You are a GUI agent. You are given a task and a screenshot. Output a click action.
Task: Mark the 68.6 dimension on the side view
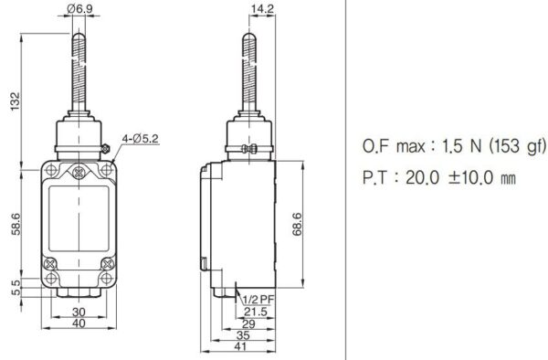pos(311,225)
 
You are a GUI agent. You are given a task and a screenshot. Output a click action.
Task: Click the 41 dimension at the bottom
pos(239,348)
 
